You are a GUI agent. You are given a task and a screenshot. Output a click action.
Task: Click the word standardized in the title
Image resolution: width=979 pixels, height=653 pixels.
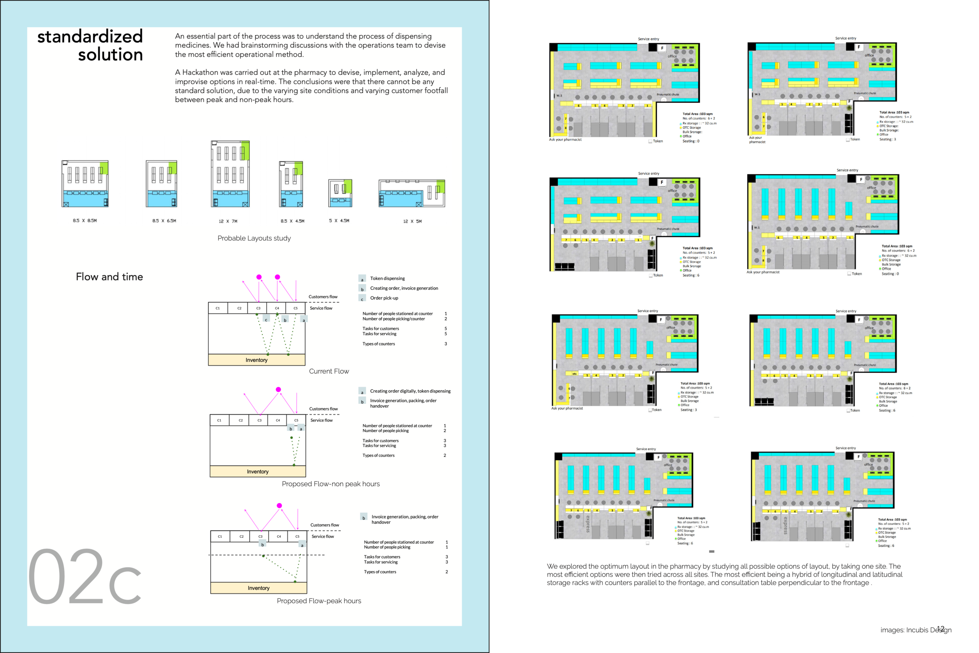point(90,37)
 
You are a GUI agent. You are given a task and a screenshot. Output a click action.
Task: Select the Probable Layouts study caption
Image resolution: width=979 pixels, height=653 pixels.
point(254,238)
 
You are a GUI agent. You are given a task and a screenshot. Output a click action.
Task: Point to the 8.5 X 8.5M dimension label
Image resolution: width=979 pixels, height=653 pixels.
point(85,221)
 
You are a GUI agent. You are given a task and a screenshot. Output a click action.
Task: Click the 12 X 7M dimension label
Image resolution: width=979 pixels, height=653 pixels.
point(228,221)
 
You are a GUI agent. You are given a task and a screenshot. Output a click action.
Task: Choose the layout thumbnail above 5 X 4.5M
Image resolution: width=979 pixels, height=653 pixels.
point(340,193)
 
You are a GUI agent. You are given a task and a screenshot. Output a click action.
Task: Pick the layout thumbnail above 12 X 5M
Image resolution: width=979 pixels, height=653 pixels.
point(411,193)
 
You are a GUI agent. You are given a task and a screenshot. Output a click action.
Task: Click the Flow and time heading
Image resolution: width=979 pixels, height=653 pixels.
point(109,277)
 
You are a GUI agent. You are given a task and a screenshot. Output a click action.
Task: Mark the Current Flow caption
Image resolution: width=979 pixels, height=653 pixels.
point(329,371)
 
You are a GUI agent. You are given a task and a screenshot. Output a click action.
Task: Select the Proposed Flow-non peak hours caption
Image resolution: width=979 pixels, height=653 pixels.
point(331,484)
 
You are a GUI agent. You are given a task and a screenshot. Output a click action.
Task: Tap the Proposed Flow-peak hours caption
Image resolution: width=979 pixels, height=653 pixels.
point(319,601)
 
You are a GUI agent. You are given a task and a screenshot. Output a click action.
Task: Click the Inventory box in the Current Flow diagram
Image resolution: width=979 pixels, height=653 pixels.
point(256,360)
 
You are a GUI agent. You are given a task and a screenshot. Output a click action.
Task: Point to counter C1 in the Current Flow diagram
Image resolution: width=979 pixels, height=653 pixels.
point(218,308)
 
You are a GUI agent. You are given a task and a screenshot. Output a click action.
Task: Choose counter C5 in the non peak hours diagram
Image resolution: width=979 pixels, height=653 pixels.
point(296,420)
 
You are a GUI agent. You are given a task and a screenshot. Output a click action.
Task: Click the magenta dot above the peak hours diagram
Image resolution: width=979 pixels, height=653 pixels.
point(279,506)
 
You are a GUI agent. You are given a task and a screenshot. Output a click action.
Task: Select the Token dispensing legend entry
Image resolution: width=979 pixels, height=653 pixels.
point(387,279)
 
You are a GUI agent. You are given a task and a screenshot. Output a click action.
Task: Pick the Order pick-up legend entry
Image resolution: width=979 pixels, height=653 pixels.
point(384,298)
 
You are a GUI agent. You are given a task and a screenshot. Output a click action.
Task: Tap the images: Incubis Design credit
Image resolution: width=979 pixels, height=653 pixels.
point(915,630)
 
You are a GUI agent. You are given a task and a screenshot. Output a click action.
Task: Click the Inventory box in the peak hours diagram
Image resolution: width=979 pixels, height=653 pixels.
point(258,588)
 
